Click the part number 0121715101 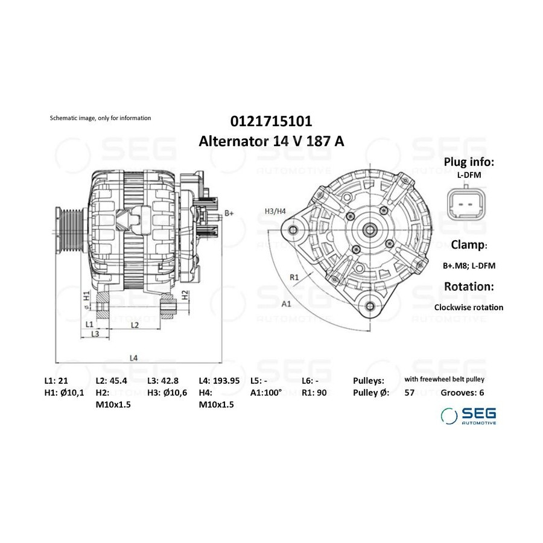(271, 121)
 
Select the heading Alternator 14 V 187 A (271, 141)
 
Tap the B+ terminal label (229, 213)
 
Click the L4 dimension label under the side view (134, 358)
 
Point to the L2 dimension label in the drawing (135, 325)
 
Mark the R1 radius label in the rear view (294, 277)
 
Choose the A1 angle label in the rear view (287, 304)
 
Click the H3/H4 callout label (275, 211)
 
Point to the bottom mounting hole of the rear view (370, 306)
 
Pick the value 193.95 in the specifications (226, 381)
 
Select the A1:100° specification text (266, 392)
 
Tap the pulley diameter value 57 (409, 393)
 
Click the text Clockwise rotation (469, 307)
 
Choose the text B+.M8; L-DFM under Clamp (469, 265)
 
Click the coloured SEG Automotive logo (468, 416)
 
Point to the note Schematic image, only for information (100, 118)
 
